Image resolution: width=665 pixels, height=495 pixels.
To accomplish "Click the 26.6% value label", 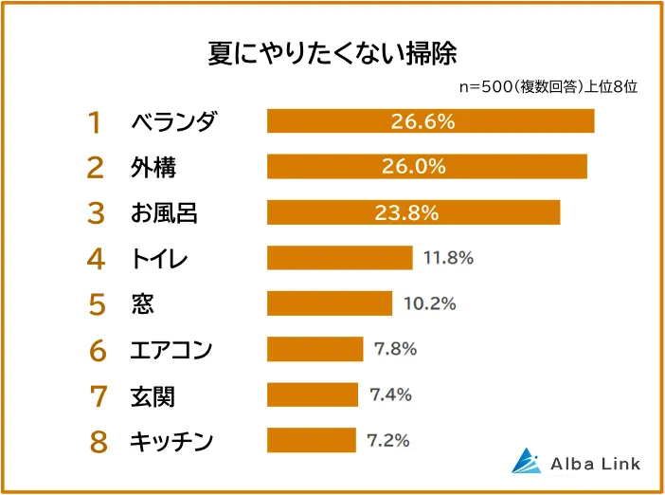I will click(x=423, y=121).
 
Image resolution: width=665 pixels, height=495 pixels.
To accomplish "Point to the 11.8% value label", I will click(x=447, y=258).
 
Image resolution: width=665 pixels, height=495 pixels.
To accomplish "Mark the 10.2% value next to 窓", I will click(x=429, y=303).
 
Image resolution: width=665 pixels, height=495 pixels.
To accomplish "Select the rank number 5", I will click(x=96, y=304).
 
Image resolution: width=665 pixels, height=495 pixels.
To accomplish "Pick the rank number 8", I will click(x=96, y=441).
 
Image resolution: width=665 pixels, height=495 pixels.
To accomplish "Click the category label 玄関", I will click(x=153, y=394).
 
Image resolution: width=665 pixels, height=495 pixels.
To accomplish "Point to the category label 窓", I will click(x=141, y=303).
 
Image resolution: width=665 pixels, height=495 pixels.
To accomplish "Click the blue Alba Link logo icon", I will click(x=526, y=460).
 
